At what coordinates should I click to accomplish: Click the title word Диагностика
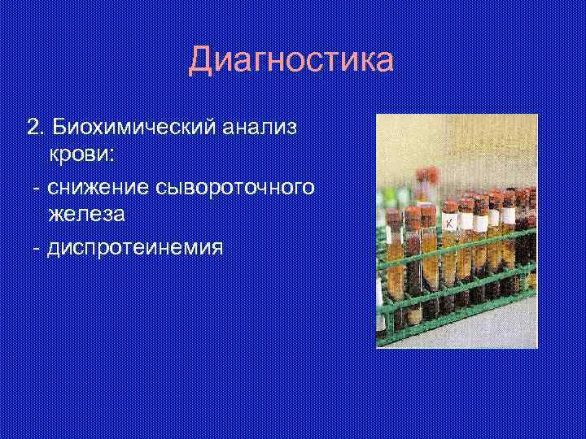[291, 61]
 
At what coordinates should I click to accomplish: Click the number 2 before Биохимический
[33, 128]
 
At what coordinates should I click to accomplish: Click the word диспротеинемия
[135, 246]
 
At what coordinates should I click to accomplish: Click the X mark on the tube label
[448, 222]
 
